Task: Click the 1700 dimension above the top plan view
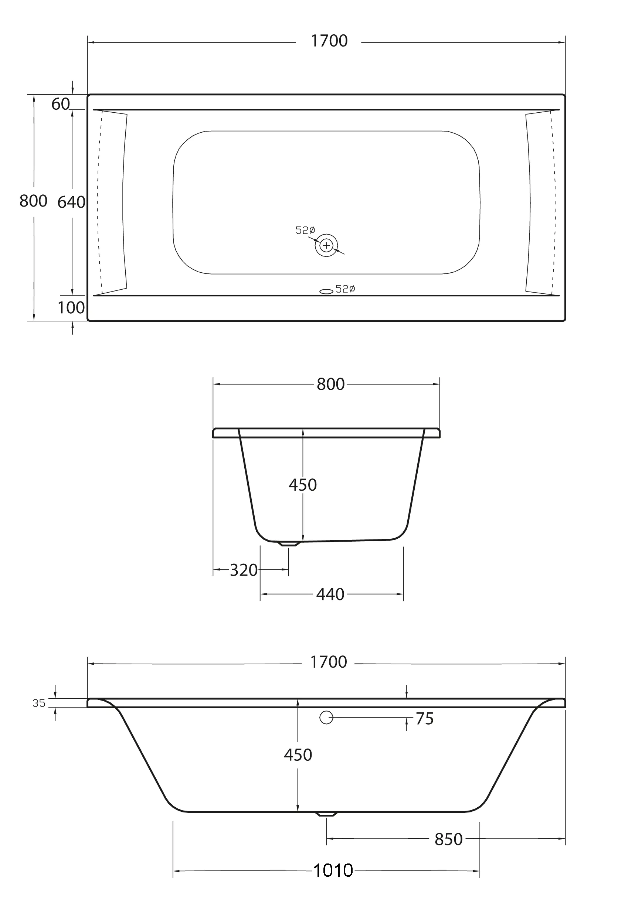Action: tap(329, 41)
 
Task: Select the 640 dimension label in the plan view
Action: tap(71, 202)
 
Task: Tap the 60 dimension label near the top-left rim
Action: tap(61, 104)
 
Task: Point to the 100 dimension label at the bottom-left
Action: tap(71, 308)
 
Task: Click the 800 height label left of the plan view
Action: tap(33, 201)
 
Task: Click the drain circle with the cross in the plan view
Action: tap(326, 245)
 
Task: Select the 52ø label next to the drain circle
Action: tap(305, 231)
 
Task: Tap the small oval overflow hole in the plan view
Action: tap(326, 292)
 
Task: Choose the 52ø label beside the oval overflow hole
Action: tap(345, 289)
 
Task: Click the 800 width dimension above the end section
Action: tap(330, 384)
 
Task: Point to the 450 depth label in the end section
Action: tap(302, 485)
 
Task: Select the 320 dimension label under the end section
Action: tap(244, 570)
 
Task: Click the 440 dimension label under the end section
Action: tap(330, 594)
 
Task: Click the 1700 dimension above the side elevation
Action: tap(329, 662)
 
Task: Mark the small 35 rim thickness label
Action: tap(39, 703)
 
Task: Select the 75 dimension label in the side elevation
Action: tap(424, 719)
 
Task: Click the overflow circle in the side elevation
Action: tap(326, 718)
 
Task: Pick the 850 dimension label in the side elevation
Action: tap(449, 840)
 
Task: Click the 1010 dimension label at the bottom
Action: tap(333, 871)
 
